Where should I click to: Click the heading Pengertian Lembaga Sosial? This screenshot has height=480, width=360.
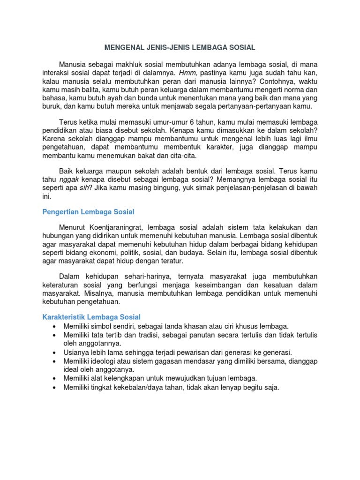(88, 212)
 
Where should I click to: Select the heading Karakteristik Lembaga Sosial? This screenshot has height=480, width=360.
(91, 317)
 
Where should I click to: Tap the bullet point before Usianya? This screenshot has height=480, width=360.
(55, 352)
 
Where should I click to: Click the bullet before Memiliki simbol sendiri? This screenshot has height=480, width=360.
(55, 326)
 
